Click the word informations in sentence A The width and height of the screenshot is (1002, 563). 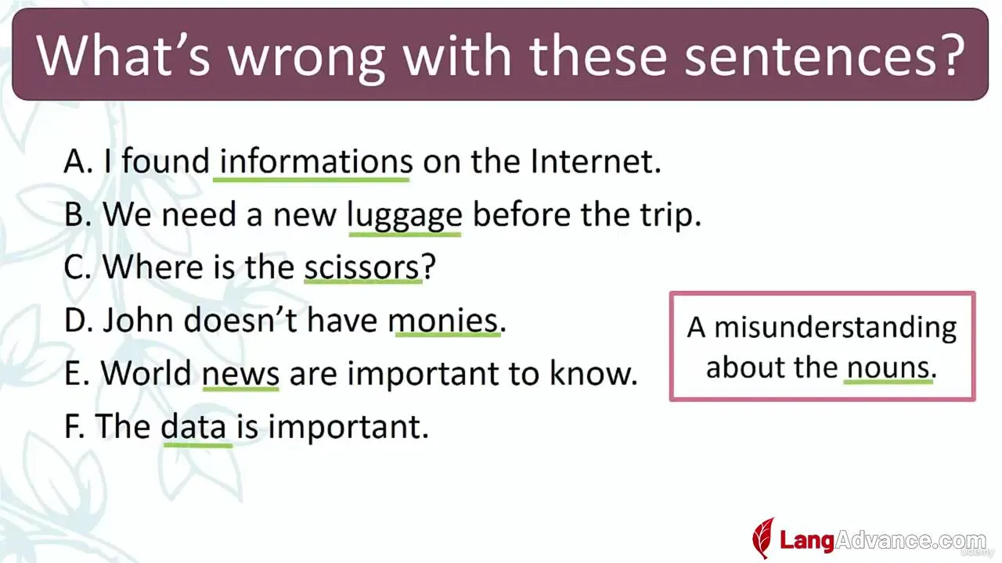(x=315, y=161)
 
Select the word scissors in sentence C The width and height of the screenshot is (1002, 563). (x=362, y=267)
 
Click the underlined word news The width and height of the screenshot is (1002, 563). (x=240, y=374)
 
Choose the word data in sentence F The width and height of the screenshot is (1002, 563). (x=193, y=426)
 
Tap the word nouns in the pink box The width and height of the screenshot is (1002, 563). (x=888, y=368)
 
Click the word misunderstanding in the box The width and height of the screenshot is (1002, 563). (x=835, y=328)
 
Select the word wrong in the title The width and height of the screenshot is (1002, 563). (x=306, y=58)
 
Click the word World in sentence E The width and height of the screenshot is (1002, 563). (x=146, y=373)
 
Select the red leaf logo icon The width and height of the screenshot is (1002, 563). (x=763, y=538)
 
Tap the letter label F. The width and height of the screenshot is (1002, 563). (x=74, y=426)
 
